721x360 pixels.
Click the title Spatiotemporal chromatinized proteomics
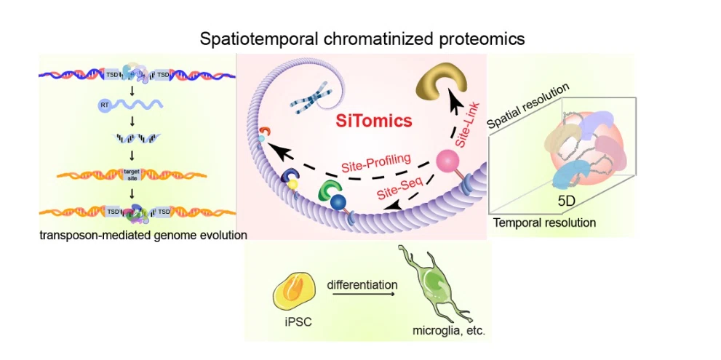click(x=362, y=38)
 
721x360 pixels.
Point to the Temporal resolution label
click(x=544, y=223)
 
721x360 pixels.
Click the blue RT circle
click(x=103, y=106)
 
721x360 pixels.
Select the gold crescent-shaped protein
click(x=439, y=89)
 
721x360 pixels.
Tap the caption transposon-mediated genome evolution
click(x=141, y=234)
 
